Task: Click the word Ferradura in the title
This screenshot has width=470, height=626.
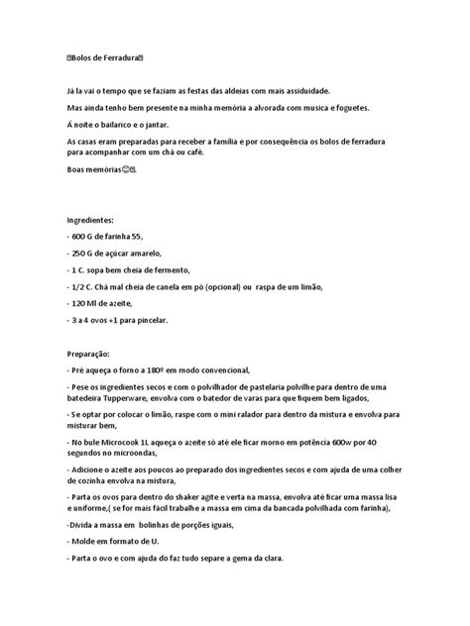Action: (x=125, y=59)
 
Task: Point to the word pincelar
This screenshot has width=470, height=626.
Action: (x=152, y=320)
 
